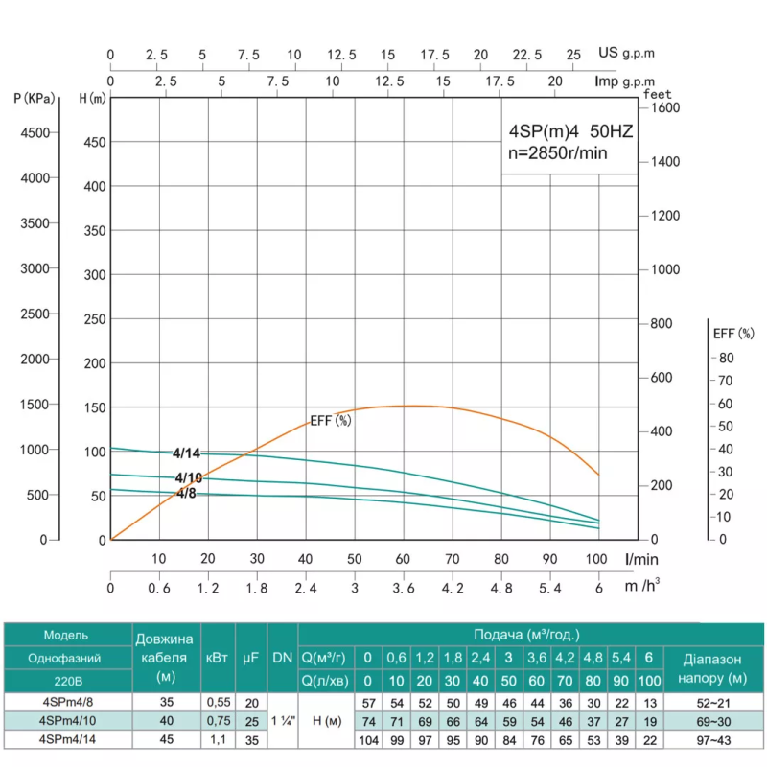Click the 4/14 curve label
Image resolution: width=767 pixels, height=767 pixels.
187,453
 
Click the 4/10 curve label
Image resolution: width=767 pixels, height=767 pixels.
188,477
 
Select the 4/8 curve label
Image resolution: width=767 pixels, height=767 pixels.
186,493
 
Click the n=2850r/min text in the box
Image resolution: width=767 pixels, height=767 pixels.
557,152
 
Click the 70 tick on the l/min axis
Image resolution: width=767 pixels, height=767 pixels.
452,558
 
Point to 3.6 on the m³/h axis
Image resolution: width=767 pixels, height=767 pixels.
403,588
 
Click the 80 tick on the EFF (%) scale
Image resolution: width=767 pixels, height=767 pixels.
726,358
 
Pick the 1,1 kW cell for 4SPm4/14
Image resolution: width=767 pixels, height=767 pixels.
217,740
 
